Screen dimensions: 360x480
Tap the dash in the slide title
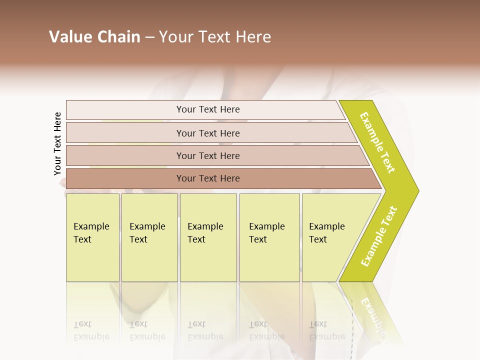coord(149,37)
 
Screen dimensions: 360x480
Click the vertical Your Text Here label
coord(57,143)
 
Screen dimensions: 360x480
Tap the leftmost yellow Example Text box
coord(92,237)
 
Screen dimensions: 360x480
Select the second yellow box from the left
coord(149,237)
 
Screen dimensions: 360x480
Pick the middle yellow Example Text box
coord(208,237)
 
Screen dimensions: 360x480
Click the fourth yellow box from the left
coord(269,237)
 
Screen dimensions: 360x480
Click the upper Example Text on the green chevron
coord(377,142)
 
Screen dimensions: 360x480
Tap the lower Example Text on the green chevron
coord(378,236)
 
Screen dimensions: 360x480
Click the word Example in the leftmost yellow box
coord(91,226)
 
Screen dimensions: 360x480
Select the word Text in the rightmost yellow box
coord(318,239)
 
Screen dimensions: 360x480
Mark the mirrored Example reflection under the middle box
coord(205,336)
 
